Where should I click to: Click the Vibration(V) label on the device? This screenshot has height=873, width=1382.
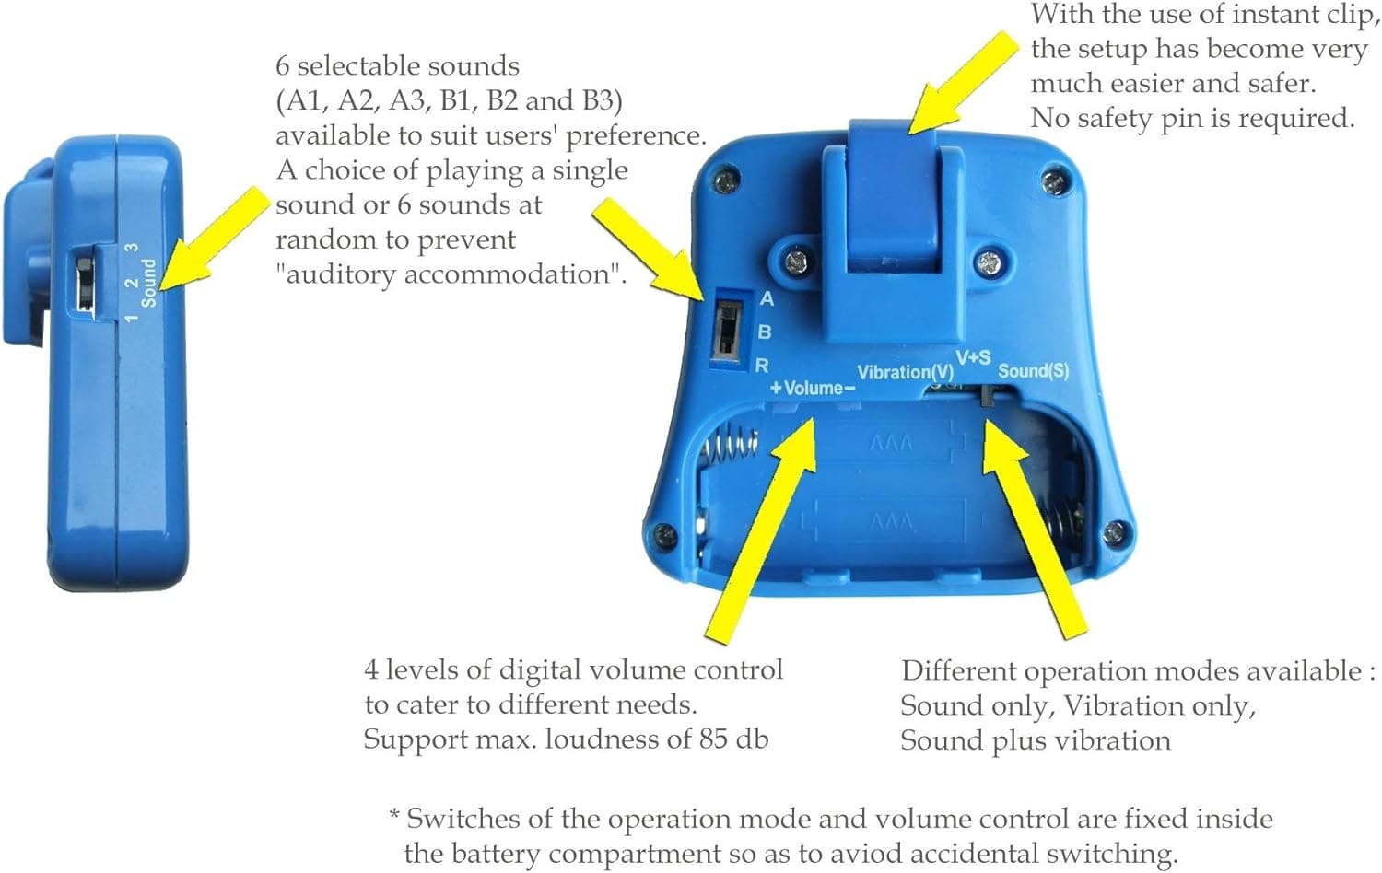(905, 372)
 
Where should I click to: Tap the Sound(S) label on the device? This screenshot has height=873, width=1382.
(1034, 370)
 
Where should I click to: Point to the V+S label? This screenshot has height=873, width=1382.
(973, 357)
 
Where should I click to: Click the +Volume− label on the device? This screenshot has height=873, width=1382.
(813, 388)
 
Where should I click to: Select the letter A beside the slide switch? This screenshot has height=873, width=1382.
(767, 298)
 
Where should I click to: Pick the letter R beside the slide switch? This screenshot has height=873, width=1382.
(762, 366)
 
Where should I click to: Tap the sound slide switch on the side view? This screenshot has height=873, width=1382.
(85, 283)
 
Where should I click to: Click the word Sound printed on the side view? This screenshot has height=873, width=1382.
(148, 283)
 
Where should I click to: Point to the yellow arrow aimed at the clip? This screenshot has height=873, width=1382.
(963, 82)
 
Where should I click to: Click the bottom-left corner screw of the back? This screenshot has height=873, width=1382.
(664, 534)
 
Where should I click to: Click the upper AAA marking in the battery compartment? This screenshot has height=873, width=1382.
(890, 443)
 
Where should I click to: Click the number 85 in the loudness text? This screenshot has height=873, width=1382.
(714, 738)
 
